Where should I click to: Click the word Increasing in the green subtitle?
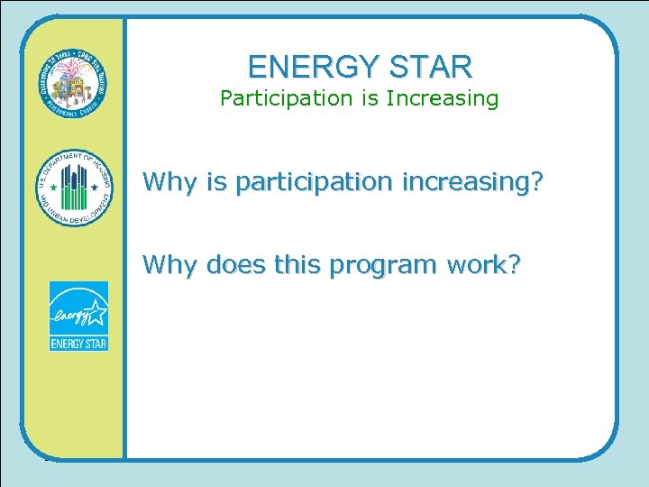click(x=442, y=98)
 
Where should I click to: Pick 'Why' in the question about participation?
click(x=170, y=183)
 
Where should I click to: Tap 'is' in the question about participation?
click(x=216, y=183)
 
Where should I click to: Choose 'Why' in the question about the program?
click(x=170, y=265)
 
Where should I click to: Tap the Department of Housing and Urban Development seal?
click(x=75, y=188)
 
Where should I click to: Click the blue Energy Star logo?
click(x=78, y=316)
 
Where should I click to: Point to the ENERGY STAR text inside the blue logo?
click(x=78, y=343)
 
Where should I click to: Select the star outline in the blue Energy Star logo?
click(x=96, y=310)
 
